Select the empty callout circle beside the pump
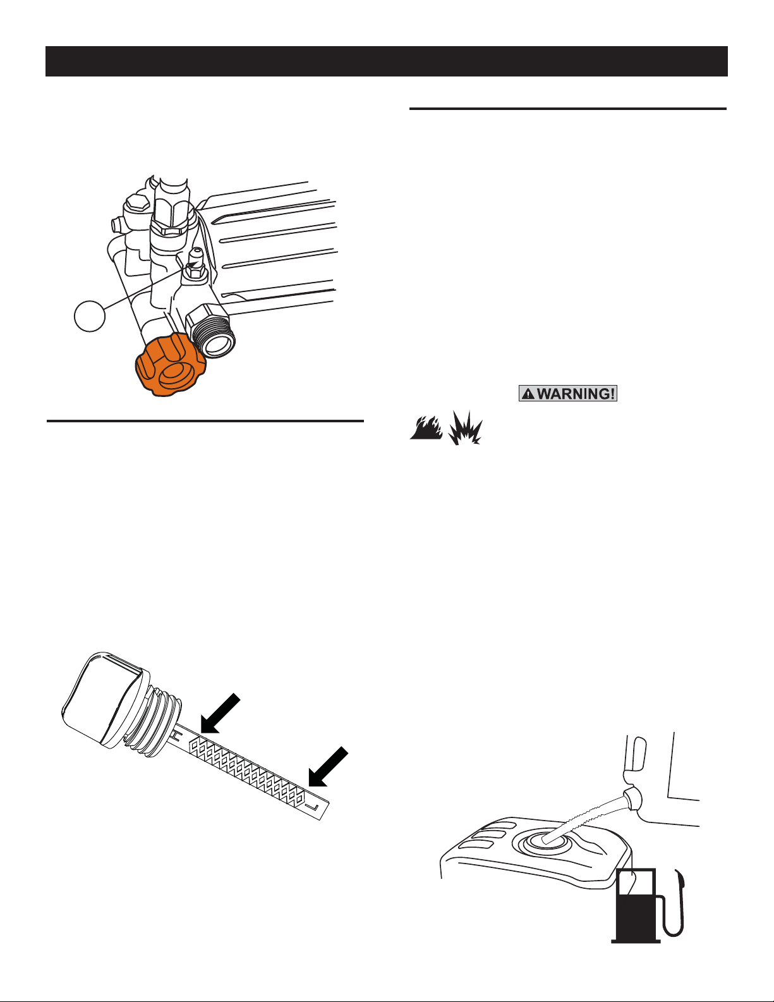[x=90, y=316]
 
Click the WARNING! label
[x=567, y=393]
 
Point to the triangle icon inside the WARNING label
[x=528, y=394]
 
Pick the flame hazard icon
[x=426, y=427]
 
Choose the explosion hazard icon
[x=465, y=427]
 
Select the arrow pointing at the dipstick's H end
[x=221, y=713]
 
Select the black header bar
[x=387, y=61]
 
